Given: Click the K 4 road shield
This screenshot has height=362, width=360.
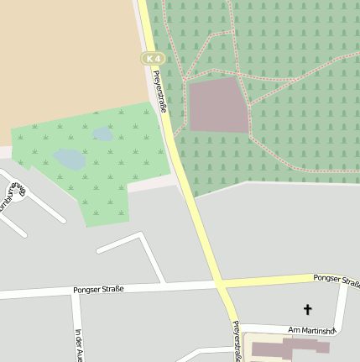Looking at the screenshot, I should tap(151, 59).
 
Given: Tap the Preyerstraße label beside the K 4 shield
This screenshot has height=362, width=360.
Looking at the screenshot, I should tap(159, 92).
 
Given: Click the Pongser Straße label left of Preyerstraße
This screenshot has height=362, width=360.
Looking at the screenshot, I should tap(103, 289).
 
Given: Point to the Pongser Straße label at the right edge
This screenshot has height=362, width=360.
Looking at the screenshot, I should tap(336, 279).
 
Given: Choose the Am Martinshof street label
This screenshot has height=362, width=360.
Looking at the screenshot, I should tap(311, 330).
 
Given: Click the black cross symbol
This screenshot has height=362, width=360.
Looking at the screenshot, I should tap(307, 310).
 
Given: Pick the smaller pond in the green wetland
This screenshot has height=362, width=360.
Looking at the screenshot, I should tap(103, 134).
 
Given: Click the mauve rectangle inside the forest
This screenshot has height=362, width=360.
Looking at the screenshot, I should tap(218, 105).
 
